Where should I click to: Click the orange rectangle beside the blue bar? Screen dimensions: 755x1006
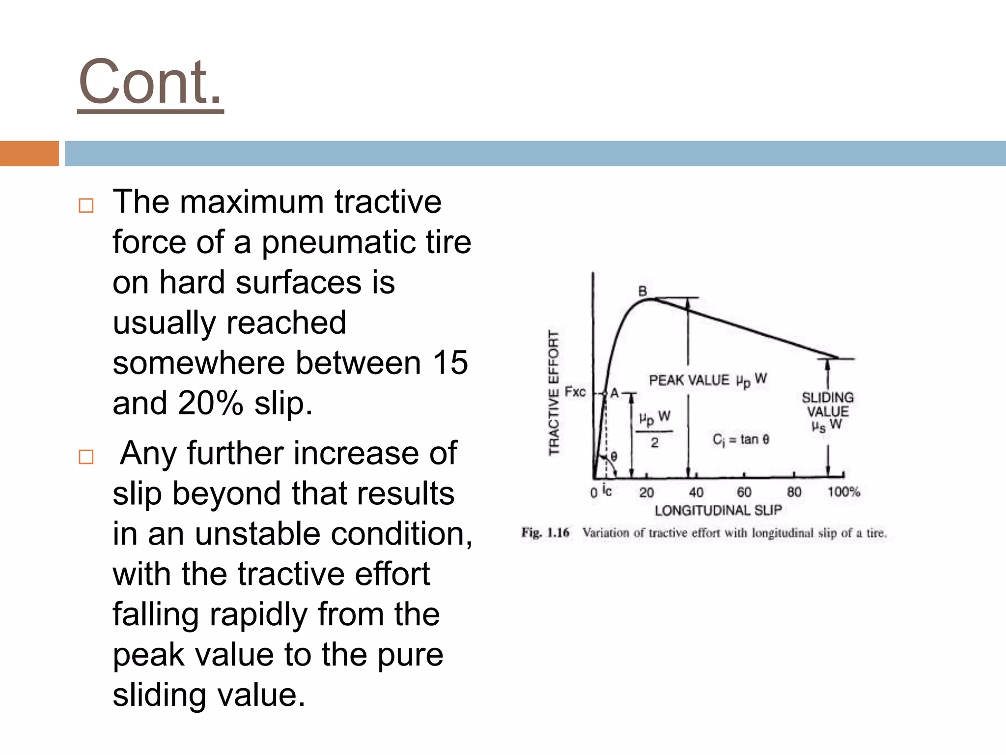(x=29, y=153)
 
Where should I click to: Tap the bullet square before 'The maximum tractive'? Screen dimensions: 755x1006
(x=86, y=205)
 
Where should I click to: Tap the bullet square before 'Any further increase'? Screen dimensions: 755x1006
(x=86, y=457)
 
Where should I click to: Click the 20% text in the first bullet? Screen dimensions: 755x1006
(x=210, y=403)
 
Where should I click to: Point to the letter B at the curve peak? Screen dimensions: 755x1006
(x=642, y=291)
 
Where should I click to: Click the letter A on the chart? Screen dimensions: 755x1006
(x=614, y=393)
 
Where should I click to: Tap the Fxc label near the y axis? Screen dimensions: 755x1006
(x=575, y=392)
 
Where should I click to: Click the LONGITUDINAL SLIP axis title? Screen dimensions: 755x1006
(x=718, y=510)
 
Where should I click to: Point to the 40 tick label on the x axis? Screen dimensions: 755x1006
(x=696, y=492)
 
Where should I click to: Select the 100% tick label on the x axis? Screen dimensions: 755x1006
(x=843, y=492)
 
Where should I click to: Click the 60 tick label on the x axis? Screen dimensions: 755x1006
(x=744, y=492)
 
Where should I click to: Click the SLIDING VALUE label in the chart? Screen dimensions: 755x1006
(x=828, y=404)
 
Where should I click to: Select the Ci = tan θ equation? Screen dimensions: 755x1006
(x=741, y=439)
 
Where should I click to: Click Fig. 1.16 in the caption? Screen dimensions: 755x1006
(x=545, y=533)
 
